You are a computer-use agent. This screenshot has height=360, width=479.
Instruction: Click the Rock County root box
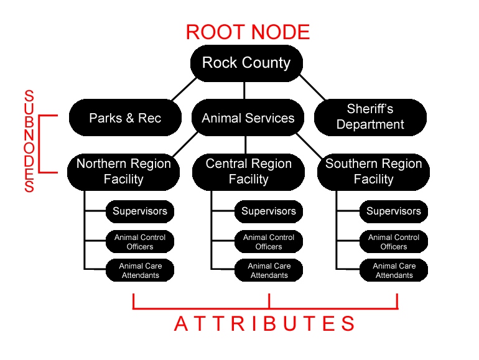[x=246, y=63]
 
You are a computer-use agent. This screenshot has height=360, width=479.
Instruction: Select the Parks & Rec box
[x=125, y=118]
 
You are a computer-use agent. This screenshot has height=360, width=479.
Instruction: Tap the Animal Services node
[x=248, y=118]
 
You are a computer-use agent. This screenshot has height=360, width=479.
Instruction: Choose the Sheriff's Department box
[x=370, y=117]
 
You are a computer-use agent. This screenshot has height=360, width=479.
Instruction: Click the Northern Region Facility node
[x=123, y=172]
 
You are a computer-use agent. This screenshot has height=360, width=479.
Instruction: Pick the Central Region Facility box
[x=248, y=172]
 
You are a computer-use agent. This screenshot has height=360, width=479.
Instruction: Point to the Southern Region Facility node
[x=373, y=172]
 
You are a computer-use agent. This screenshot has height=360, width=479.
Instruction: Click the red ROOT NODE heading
[x=248, y=32]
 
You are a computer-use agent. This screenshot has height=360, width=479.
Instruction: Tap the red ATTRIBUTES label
[x=264, y=324]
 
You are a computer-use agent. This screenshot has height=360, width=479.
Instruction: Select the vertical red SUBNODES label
[x=29, y=141]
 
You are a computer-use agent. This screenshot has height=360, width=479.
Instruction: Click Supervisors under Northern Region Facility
[x=140, y=211]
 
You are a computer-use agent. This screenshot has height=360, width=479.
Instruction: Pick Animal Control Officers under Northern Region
[x=140, y=242]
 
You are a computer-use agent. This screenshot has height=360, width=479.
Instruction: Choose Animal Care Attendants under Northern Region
[x=140, y=270]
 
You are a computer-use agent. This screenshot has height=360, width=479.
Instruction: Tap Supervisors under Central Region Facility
[x=269, y=211]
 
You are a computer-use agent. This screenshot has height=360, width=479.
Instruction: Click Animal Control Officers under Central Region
[x=269, y=242]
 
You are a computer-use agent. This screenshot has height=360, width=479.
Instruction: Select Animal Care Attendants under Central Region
[x=269, y=270]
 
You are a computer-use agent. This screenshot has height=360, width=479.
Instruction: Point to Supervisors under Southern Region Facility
[x=394, y=211]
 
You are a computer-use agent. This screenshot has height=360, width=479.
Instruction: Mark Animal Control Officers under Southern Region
[x=394, y=242]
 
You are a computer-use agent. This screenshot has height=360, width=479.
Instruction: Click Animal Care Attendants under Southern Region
[x=394, y=270]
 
